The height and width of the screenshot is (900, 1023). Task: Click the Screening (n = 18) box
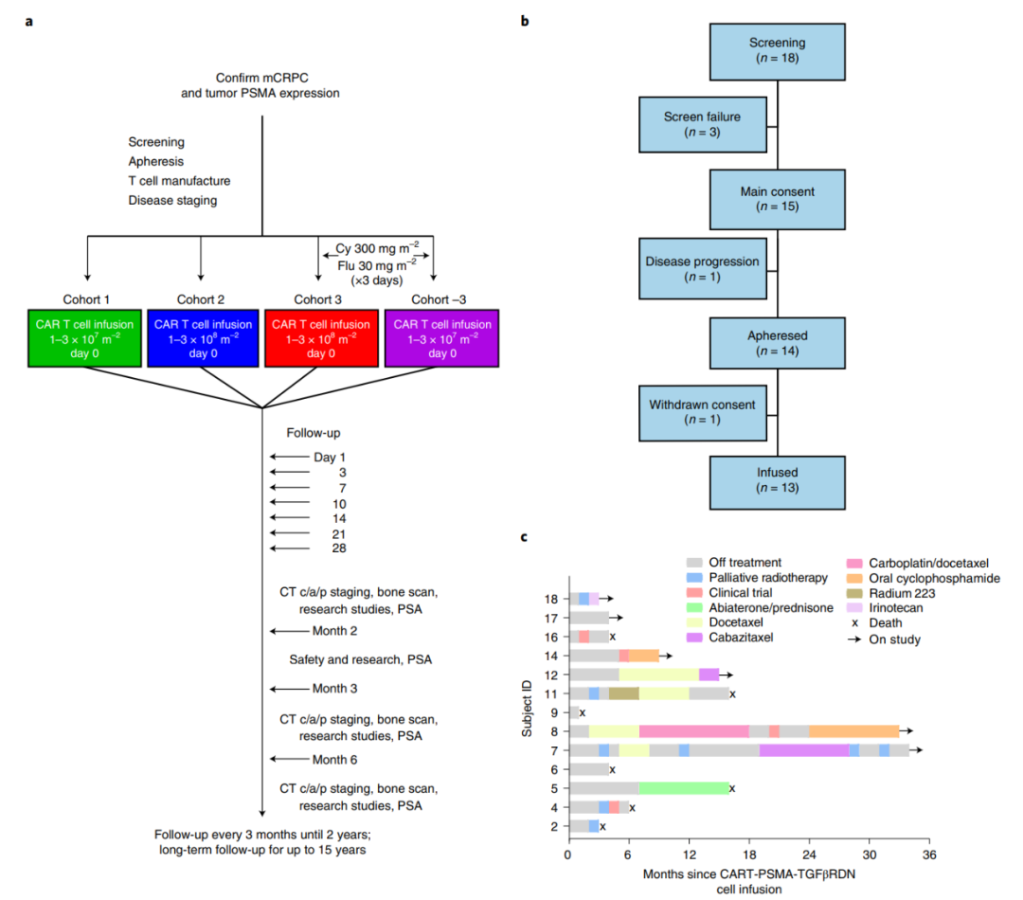(x=777, y=50)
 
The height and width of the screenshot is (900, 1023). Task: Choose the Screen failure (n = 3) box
(x=702, y=124)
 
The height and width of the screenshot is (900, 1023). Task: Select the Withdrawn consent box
(x=702, y=412)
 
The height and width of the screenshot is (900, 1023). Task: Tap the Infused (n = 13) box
(x=777, y=480)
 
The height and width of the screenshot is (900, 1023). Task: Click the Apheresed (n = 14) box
(x=777, y=343)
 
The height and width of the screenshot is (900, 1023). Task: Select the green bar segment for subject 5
(x=683, y=787)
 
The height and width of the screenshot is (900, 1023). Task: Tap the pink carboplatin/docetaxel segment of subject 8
(x=692, y=730)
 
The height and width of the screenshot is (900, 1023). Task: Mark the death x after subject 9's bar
(x=583, y=711)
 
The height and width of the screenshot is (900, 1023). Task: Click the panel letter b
(x=525, y=21)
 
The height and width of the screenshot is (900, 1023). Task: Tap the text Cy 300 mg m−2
(x=376, y=247)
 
